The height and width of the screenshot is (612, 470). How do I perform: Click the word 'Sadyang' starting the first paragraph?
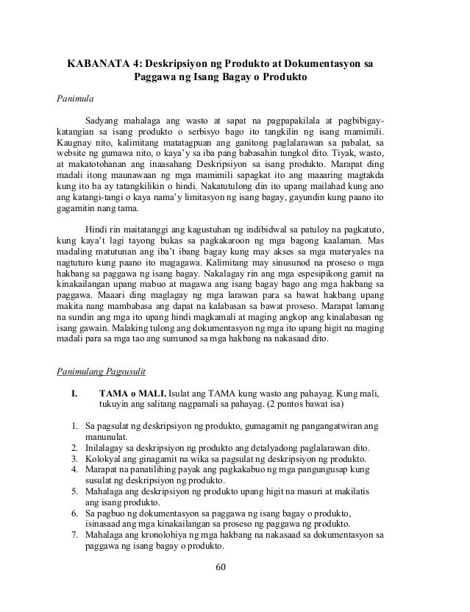tap(103, 120)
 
